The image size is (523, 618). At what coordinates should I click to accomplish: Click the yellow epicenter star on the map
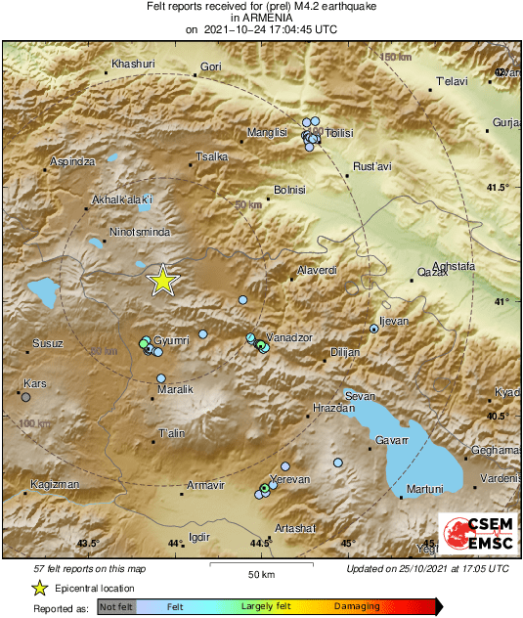pyautogui.click(x=163, y=281)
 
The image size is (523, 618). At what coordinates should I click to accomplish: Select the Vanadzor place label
pyautogui.click(x=289, y=337)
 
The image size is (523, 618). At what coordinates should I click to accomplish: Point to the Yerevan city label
pyautogui.click(x=289, y=479)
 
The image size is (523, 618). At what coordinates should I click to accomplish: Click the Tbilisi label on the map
pyautogui.click(x=338, y=132)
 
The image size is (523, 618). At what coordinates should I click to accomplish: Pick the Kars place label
pyautogui.click(x=35, y=382)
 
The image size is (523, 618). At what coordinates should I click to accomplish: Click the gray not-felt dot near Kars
pyautogui.click(x=25, y=397)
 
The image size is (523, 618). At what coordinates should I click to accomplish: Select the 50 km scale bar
pyautogui.click(x=259, y=564)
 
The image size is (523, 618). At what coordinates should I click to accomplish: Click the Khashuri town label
pyautogui.click(x=134, y=64)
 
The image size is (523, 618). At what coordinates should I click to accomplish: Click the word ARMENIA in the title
pyautogui.click(x=260, y=18)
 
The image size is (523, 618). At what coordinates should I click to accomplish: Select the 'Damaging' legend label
pyautogui.click(x=357, y=606)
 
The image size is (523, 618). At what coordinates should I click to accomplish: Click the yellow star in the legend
pyautogui.click(x=39, y=588)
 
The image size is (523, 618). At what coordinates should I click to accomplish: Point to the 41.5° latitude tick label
pyautogui.click(x=499, y=187)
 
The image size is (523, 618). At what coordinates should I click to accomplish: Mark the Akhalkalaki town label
pyautogui.click(x=123, y=200)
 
